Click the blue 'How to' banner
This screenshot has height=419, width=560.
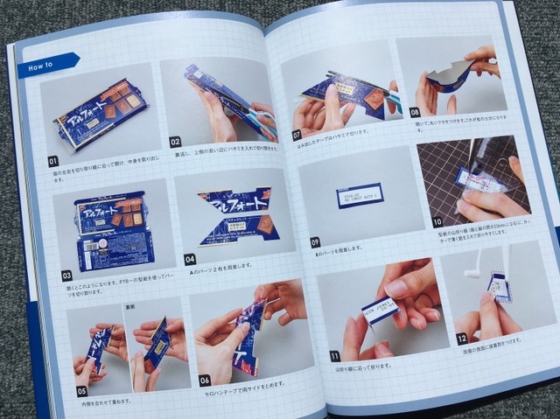(45, 64)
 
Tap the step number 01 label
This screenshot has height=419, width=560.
(53, 161)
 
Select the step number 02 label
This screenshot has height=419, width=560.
(175, 141)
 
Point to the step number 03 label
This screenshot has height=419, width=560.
(66, 275)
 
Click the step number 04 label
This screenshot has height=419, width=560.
(190, 260)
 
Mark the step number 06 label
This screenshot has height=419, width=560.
(204, 380)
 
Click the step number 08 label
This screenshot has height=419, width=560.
(415, 112)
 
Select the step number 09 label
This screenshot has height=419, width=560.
(315, 241)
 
